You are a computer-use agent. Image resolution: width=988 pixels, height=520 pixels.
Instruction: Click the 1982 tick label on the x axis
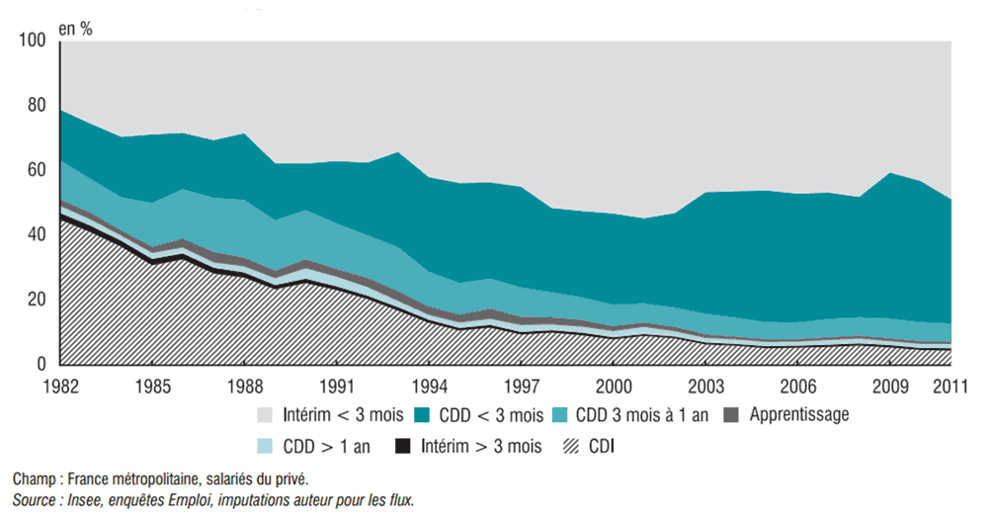[x=61, y=384]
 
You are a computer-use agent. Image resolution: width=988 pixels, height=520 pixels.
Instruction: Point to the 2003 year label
[x=705, y=384]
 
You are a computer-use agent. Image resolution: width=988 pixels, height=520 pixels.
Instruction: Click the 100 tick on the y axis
[x=33, y=41]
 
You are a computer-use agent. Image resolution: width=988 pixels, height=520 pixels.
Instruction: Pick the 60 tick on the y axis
[x=37, y=170]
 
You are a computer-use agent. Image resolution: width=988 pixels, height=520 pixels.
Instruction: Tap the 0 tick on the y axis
[x=41, y=365]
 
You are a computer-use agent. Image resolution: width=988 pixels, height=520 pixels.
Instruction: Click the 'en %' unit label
[x=76, y=28]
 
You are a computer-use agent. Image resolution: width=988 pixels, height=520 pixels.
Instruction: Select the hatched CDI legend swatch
[x=572, y=446]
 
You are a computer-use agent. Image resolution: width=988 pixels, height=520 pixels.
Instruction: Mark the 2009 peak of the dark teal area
[x=891, y=175]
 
